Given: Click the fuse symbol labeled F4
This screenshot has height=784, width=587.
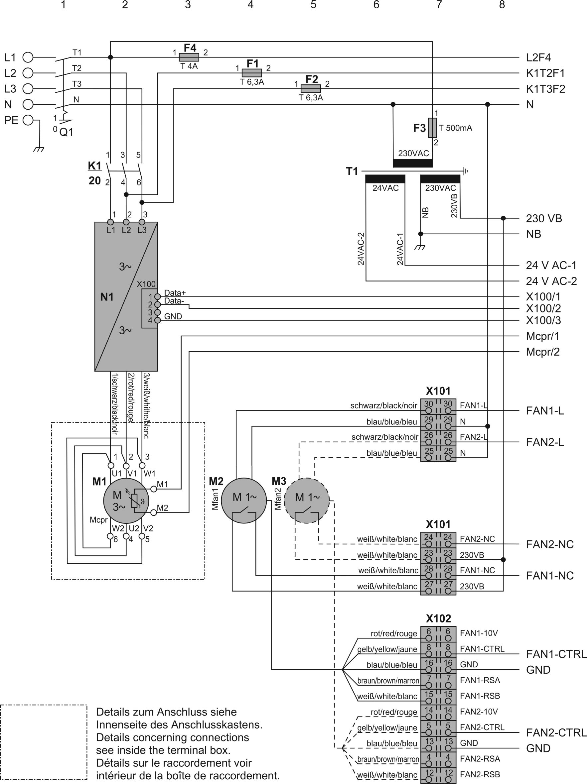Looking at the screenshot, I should click(x=189, y=57).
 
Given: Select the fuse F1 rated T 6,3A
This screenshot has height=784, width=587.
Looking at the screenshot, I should click(x=251, y=73).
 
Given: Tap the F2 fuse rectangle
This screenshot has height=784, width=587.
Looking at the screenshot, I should click(x=311, y=89).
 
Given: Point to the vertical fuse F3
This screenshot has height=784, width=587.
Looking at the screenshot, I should click(x=432, y=128).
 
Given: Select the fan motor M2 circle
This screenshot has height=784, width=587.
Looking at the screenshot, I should click(x=244, y=501).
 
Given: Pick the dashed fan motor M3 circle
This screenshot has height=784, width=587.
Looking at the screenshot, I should click(x=307, y=501).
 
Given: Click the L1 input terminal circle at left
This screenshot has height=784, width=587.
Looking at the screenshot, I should click(x=28, y=57).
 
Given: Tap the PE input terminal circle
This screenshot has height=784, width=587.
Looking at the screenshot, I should click(x=28, y=120).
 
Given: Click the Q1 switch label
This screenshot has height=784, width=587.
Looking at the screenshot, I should click(x=66, y=132).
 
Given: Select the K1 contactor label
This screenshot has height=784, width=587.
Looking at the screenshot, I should click(x=95, y=166).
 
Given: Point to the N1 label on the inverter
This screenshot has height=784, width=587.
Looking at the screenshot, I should click(x=107, y=297).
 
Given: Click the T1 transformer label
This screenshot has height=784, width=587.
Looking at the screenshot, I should click(x=352, y=171).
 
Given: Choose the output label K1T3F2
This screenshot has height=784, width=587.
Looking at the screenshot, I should click(x=545, y=89).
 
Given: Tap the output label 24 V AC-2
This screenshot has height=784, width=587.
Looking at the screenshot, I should click(x=551, y=281).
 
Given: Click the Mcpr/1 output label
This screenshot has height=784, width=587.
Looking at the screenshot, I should click(x=542, y=336).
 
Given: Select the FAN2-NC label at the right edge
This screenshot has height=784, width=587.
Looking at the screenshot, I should click(x=549, y=544).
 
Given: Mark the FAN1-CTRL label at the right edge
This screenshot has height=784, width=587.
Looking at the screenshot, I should click(x=556, y=654).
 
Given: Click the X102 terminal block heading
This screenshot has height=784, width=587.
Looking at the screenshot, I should click(x=438, y=618).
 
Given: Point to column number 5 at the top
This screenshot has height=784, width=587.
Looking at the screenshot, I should click(x=313, y=5).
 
